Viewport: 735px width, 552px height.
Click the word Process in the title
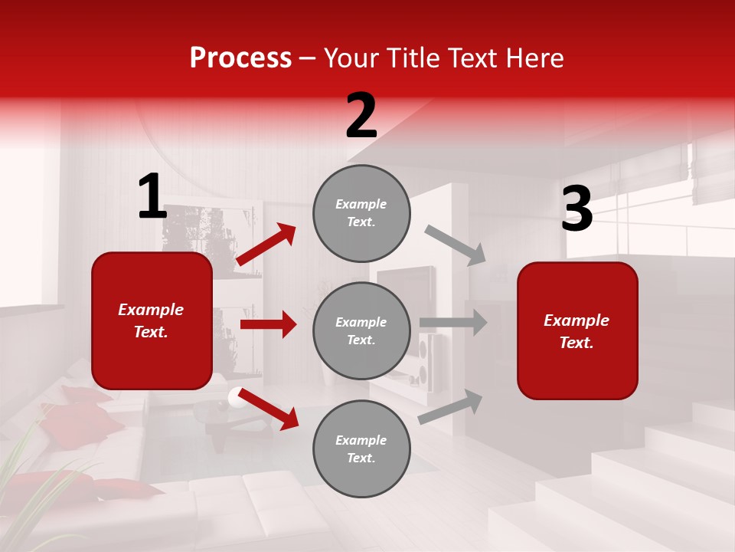coord(240,58)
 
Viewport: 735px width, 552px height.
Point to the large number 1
coord(152,197)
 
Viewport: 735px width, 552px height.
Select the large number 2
coord(361,116)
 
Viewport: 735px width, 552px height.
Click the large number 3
coord(577,209)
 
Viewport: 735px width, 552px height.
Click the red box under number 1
coord(152,320)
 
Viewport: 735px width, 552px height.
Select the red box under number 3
coord(577,330)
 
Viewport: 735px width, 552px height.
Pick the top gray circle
coord(361,213)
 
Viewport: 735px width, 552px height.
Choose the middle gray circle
coord(361,330)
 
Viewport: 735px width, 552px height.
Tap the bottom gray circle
coord(361,449)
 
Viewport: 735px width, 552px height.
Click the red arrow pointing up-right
coord(266,245)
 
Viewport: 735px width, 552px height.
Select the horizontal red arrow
coord(268,324)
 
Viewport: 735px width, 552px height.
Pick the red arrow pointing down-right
coord(268,409)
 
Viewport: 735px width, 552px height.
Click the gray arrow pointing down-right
coord(456,245)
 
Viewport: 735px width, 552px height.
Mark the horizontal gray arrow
coord(452,323)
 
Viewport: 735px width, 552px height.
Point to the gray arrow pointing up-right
coord(450,406)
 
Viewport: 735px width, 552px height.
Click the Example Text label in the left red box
coord(151,320)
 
